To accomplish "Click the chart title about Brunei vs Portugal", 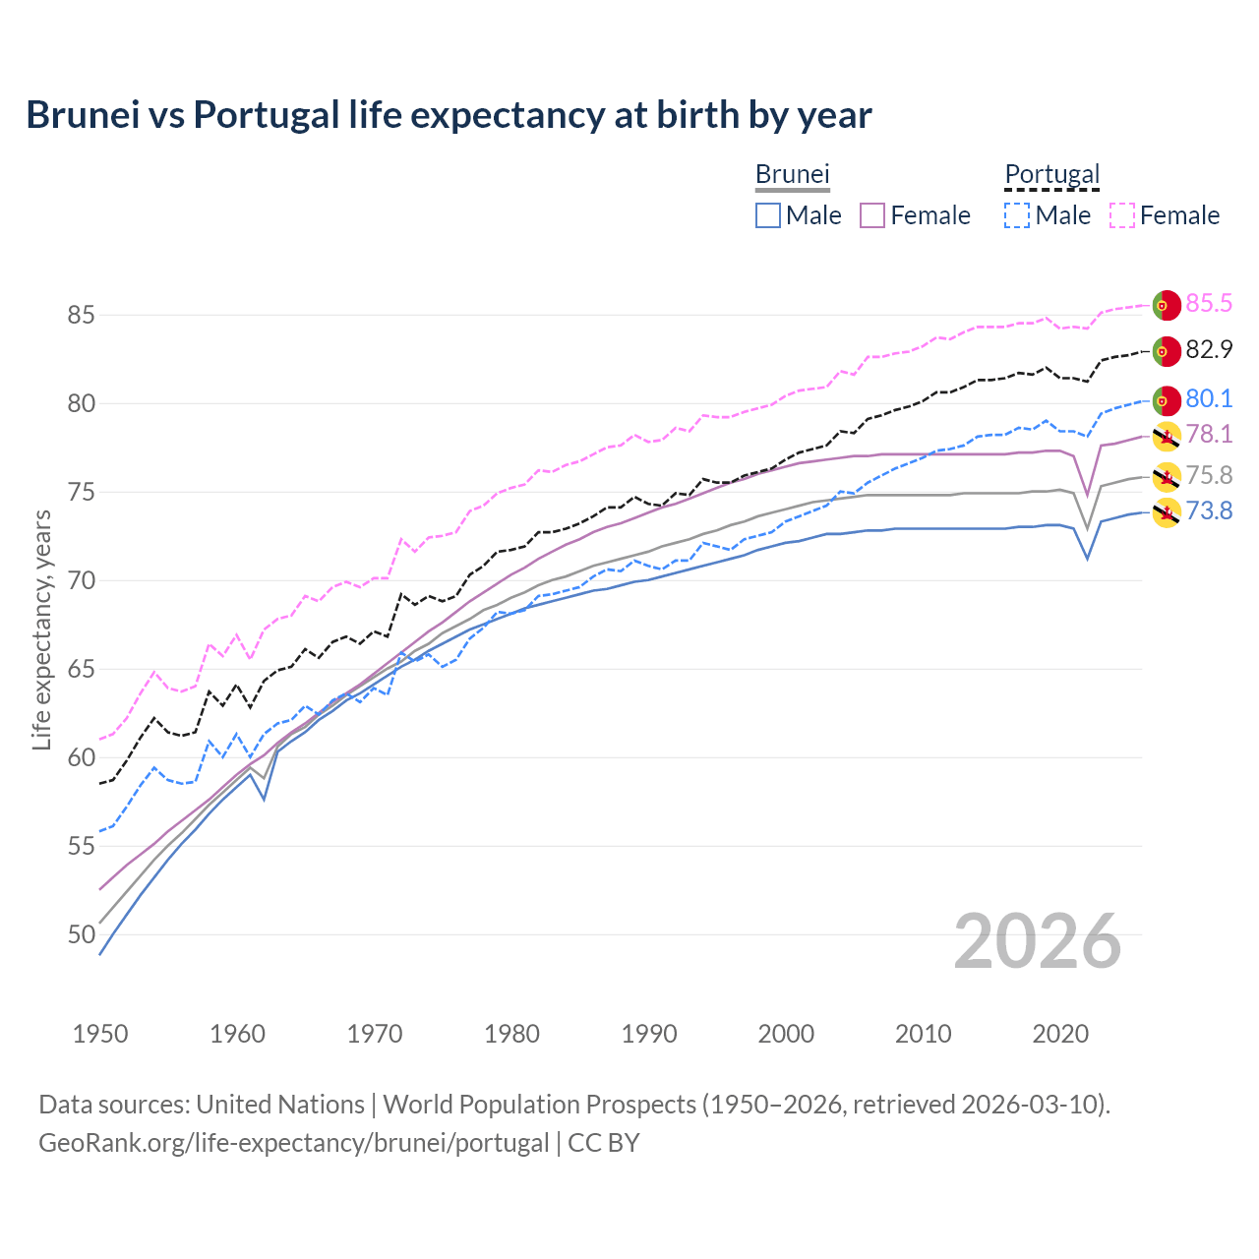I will [449, 115].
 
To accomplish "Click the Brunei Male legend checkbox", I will [768, 215].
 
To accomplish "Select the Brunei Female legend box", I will [872, 215].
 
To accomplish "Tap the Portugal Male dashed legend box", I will [1017, 215].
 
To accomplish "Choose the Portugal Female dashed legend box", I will [1122, 215].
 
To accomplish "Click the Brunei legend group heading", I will [793, 174].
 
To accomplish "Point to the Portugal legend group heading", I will [1051, 174].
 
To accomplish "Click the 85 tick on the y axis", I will [81, 316].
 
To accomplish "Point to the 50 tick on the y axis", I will [81, 934].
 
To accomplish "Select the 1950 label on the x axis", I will [100, 1034].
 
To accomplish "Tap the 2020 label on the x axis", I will [1060, 1034].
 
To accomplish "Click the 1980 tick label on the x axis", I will [511, 1034].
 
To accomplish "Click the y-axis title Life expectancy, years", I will [41, 629].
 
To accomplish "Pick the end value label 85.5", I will [1209, 304].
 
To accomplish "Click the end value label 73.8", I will [1209, 511].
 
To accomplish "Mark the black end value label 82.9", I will [1209, 350].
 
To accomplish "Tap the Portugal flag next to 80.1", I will [1167, 400].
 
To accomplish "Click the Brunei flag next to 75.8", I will [1167, 477].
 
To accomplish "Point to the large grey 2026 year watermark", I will [1037, 942].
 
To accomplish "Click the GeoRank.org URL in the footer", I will [293, 1143].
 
